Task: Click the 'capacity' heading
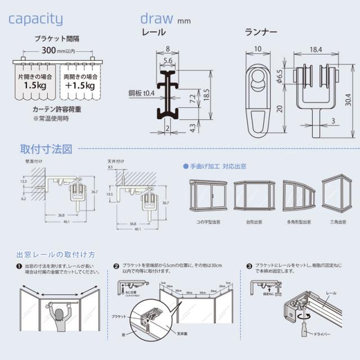coord(35,19)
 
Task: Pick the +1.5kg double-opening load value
coord(79,86)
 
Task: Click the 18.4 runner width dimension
coord(316,50)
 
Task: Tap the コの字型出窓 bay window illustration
coord(208,195)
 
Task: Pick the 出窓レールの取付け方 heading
coord(56,254)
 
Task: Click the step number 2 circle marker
coord(116,266)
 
